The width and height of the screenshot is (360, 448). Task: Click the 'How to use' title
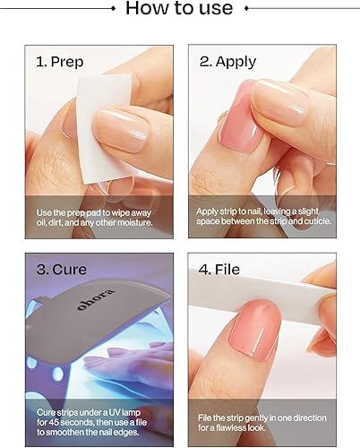click(x=179, y=11)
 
